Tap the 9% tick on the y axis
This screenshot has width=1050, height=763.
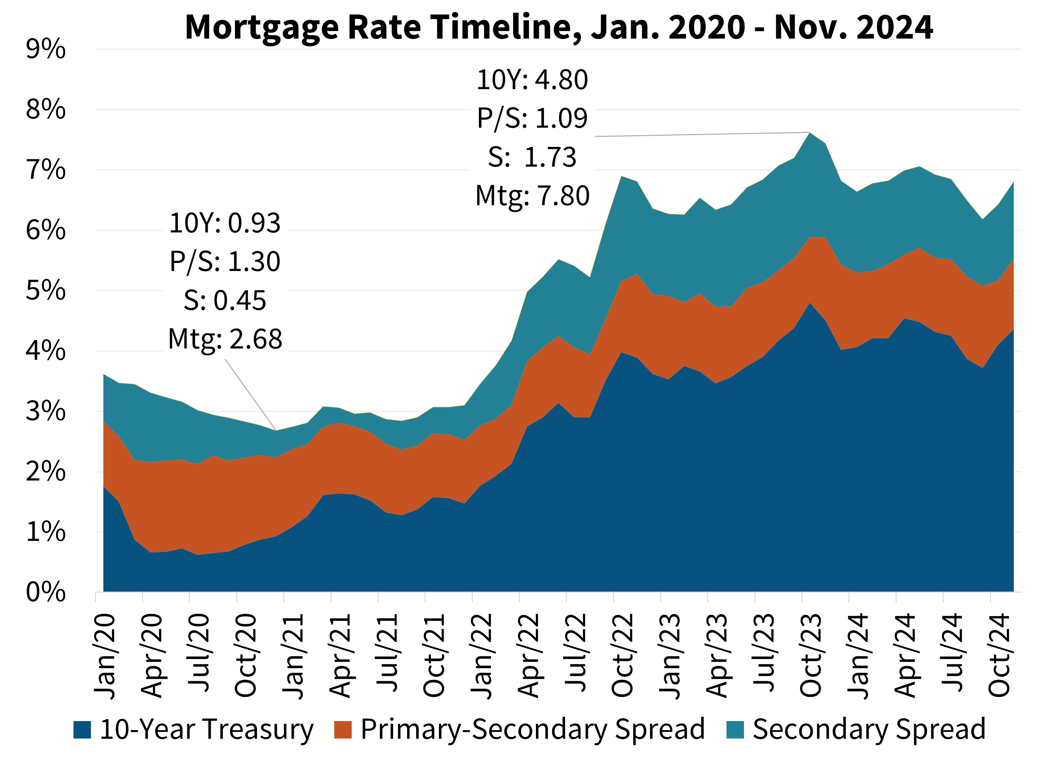(45, 50)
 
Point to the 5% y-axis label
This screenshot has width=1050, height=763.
(45, 291)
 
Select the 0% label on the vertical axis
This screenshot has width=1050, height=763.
(45, 593)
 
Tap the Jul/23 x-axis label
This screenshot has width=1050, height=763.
(764, 656)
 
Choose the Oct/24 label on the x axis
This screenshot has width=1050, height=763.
(999, 656)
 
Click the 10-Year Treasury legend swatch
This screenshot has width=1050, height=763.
(82, 730)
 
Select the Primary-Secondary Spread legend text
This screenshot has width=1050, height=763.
(533, 730)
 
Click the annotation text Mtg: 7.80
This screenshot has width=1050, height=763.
(533, 196)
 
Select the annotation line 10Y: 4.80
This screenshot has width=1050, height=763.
(533, 80)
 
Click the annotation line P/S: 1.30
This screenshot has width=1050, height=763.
(225, 262)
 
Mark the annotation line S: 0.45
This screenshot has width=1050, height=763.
(225, 301)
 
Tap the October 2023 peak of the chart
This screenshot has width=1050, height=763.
(810, 133)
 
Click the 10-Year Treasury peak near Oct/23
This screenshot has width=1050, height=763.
(810, 304)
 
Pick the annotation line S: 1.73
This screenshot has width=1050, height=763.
(533, 157)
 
